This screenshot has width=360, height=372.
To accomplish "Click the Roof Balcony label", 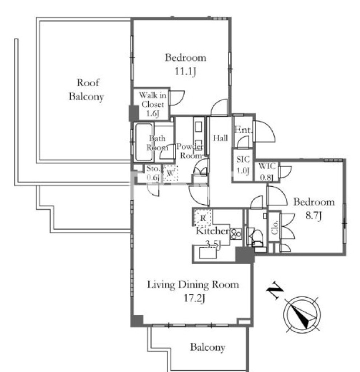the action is pyautogui.click(x=87, y=90).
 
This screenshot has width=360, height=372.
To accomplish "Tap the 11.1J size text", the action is pyautogui.click(x=185, y=71).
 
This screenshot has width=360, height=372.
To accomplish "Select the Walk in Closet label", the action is pyautogui.click(x=152, y=104).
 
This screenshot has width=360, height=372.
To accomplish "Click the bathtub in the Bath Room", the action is pyautogui.click(x=144, y=142).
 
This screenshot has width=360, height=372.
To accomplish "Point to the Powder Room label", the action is pyautogui.click(x=189, y=151).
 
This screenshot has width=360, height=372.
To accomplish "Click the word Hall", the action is pyautogui.click(x=220, y=138).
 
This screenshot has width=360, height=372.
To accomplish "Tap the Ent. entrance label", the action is pyautogui.click(x=243, y=130).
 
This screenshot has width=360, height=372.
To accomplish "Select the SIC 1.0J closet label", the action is pyautogui.click(x=243, y=165).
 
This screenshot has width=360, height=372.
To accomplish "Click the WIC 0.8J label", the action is pyautogui.click(x=267, y=171).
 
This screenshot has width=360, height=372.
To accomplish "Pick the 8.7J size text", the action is pyautogui.click(x=313, y=216).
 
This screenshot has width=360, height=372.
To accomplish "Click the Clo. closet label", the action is pyautogui.click(x=275, y=227).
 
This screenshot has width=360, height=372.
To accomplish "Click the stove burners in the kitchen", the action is pyautogui.click(x=236, y=234).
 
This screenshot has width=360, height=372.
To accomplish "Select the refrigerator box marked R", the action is pyautogui.click(x=203, y=218).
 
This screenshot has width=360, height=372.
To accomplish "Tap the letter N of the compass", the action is pyautogui.click(x=275, y=290).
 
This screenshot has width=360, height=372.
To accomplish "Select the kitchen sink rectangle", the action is pyautogui.click(x=208, y=253).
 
